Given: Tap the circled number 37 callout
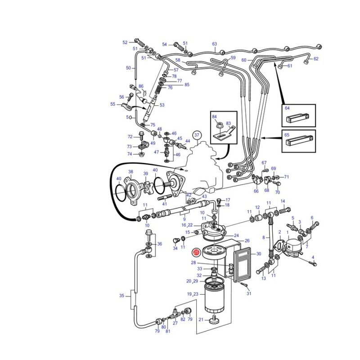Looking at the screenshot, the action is [x=197, y=135].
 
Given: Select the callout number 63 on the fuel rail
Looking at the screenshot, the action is [x=215, y=44].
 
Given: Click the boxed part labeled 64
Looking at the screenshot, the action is [x=297, y=118].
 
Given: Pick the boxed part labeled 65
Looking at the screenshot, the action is [x=299, y=141].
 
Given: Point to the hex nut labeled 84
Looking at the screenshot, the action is [x=218, y=126].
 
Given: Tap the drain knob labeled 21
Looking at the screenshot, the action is [x=213, y=320].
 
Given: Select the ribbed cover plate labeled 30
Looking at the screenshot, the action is [x=242, y=264].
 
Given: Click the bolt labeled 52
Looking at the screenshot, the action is [x=139, y=41].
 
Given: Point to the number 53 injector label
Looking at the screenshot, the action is [x=162, y=105].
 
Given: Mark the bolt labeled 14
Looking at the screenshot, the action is [x=285, y=210].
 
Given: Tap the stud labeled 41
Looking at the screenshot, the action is [x=165, y=197].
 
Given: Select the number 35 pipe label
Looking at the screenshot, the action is [x=121, y=296].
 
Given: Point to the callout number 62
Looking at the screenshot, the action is [x=316, y=59].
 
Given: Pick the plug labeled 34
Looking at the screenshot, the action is [x=176, y=241].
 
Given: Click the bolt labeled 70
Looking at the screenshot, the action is [x=276, y=183].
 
